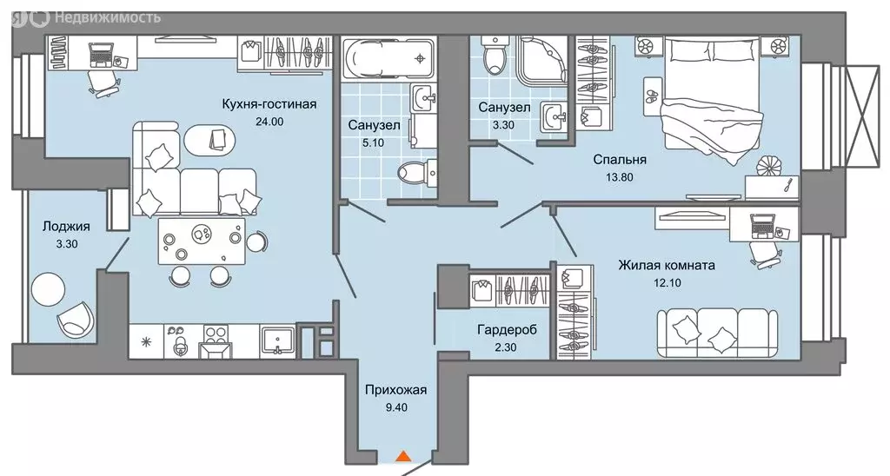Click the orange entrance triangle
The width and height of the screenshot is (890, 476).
[402, 454]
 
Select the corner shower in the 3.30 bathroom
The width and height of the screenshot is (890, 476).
[541, 61]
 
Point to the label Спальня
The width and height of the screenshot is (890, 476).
[620, 159]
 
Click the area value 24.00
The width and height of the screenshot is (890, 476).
[268, 122]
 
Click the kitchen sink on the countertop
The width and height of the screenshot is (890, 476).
[277, 340]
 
